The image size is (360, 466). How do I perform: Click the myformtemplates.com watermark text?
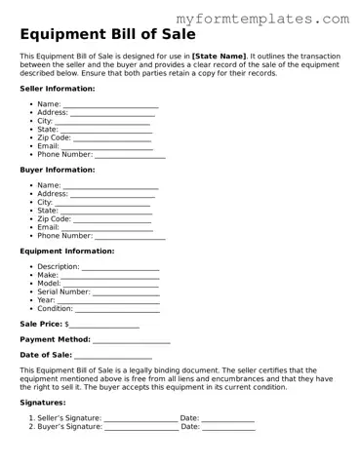(277, 19)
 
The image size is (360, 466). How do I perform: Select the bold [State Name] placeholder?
(220, 58)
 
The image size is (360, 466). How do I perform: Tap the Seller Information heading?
(58, 88)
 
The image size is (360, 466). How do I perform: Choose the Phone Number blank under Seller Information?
(130, 154)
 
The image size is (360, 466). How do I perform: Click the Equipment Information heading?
(67, 251)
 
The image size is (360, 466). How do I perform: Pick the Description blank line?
(120, 267)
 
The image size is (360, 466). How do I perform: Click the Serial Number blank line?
(126, 291)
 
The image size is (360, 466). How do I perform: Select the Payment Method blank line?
(132, 340)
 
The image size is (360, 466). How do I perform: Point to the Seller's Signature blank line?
(140, 419)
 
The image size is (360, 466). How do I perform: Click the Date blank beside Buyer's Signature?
(228, 427)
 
